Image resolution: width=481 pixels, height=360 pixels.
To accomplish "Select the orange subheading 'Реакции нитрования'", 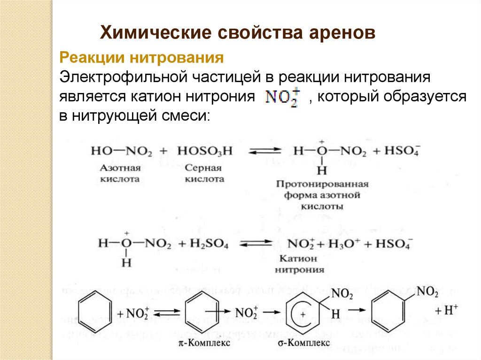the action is [x=140, y=59].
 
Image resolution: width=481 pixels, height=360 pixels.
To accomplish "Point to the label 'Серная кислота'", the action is [x=204, y=173].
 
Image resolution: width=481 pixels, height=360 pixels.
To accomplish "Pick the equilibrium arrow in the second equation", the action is [x=256, y=244].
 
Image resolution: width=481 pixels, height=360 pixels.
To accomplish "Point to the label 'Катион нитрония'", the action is [x=299, y=264].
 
